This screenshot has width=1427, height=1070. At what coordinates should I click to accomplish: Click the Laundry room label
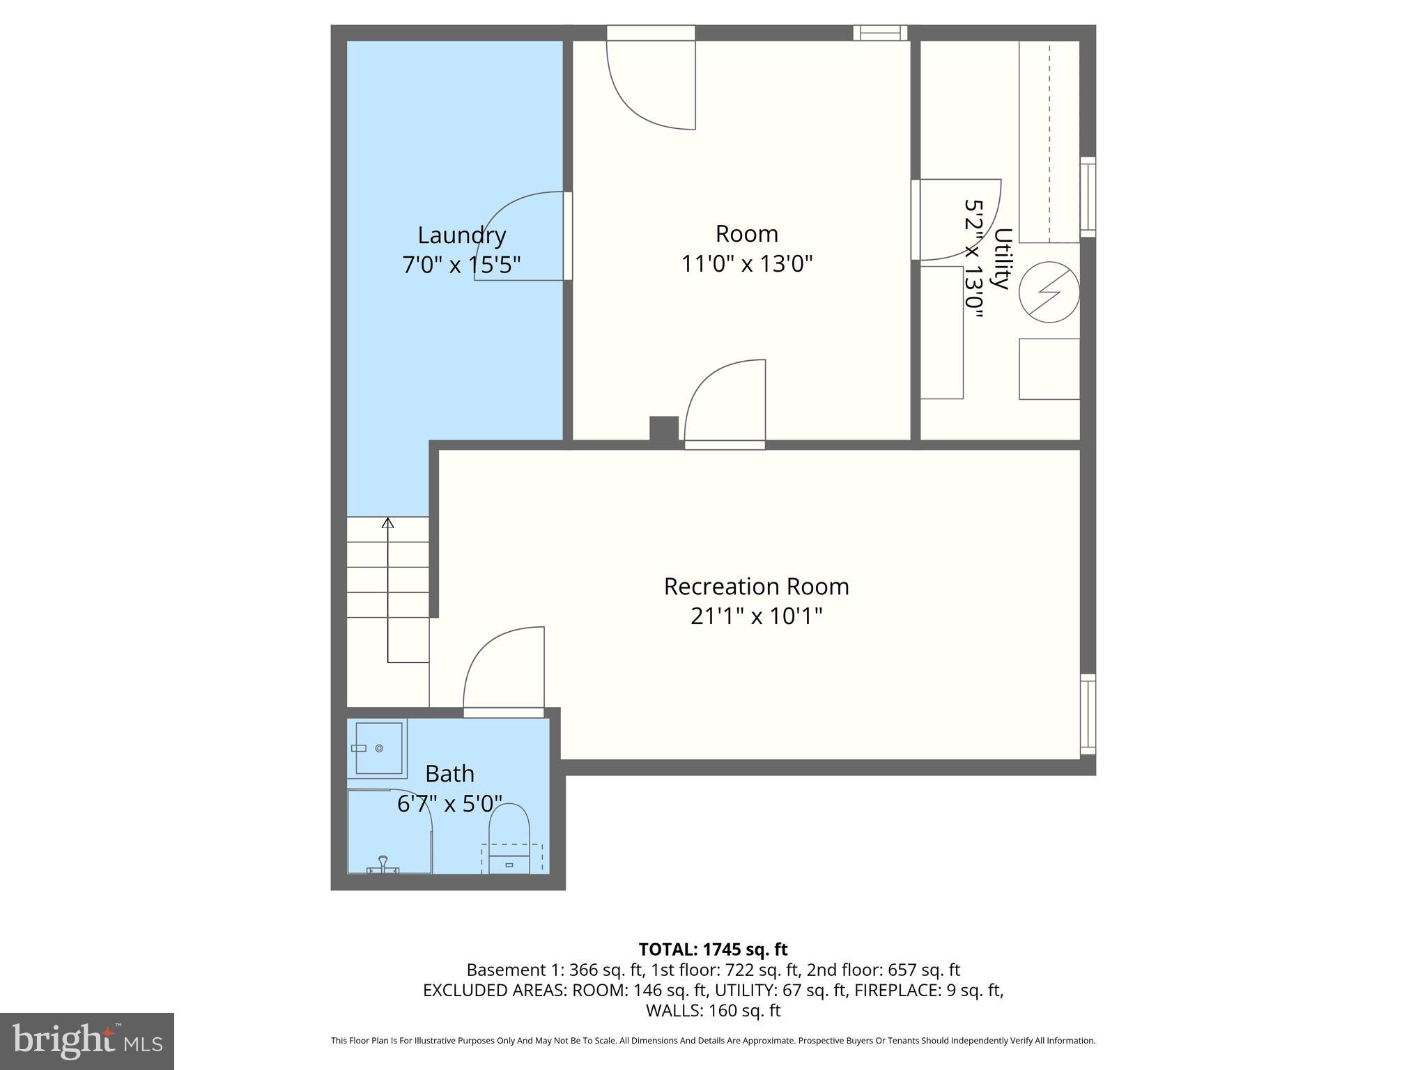click(x=461, y=235)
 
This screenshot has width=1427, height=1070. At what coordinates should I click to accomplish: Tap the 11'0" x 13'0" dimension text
click(x=746, y=264)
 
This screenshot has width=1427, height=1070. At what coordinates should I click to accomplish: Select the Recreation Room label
click(x=756, y=587)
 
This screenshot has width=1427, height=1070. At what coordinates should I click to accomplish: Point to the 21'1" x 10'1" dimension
click(x=756, y=617)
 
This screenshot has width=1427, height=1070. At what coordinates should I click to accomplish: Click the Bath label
click(x=449, y=774)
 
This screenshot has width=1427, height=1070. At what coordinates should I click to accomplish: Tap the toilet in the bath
click(x=509, y=836)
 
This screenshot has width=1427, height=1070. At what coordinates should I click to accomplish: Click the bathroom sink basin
click(x=378, y=748)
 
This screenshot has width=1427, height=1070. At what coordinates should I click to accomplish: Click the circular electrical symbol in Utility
click(x=1049, y=292)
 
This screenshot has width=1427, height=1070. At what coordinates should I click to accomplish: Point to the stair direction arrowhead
click(x=388, y=522)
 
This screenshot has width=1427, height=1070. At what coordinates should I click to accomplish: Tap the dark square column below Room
click(x=664, y=428)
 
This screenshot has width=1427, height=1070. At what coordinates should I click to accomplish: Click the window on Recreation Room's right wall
click(x=1088, y=714)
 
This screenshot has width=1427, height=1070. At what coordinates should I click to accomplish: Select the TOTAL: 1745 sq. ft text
click(x=713, y=949)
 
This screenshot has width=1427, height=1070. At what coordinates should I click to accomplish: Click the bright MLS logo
click(x=86, y=1041)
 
